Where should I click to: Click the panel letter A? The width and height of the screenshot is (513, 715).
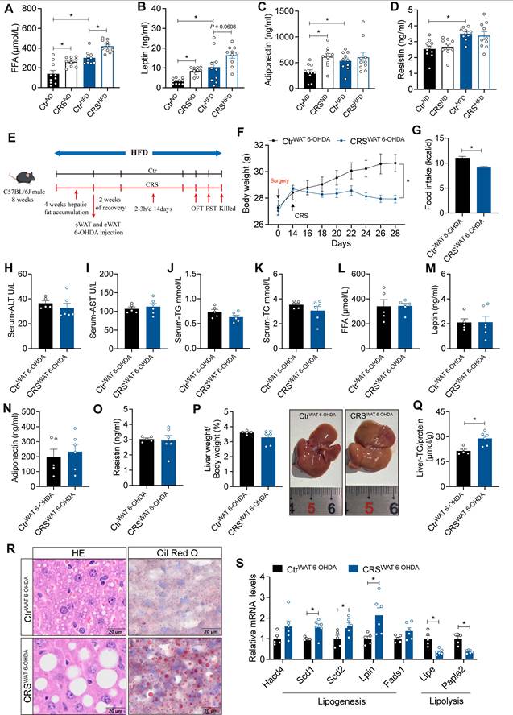click(x=8, y=10)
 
